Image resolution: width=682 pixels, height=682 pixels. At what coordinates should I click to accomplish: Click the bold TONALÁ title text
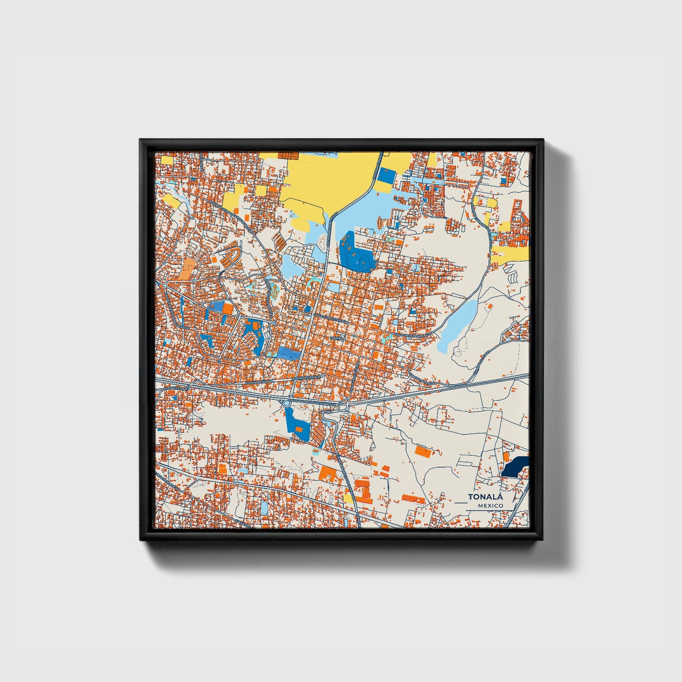pyautogui.click(x=486, y=497)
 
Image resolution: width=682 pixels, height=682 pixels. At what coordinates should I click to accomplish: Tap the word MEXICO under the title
pyautogui.click(x=490, y=506)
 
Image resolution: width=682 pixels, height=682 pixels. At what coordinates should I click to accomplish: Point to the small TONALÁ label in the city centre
pyautogui.click(x=338, y=338)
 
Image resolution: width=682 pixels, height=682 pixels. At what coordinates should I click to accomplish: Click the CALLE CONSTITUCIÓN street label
pyautogui.click(x=331, y=318)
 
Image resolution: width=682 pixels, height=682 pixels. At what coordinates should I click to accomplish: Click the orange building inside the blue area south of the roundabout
pyautogui.click(x=298, y=429)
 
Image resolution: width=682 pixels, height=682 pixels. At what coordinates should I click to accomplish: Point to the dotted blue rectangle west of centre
pyautogui.click(x=289, y=353)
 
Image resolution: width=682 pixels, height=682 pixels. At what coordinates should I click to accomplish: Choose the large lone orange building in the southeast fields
pyautogui.click(x=423, y=451)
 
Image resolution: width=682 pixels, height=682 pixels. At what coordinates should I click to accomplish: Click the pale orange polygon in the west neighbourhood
pyautogui.click(x=186, y=268)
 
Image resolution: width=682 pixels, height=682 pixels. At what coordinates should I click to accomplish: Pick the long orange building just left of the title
pyautogui.click(x=414, y=498)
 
